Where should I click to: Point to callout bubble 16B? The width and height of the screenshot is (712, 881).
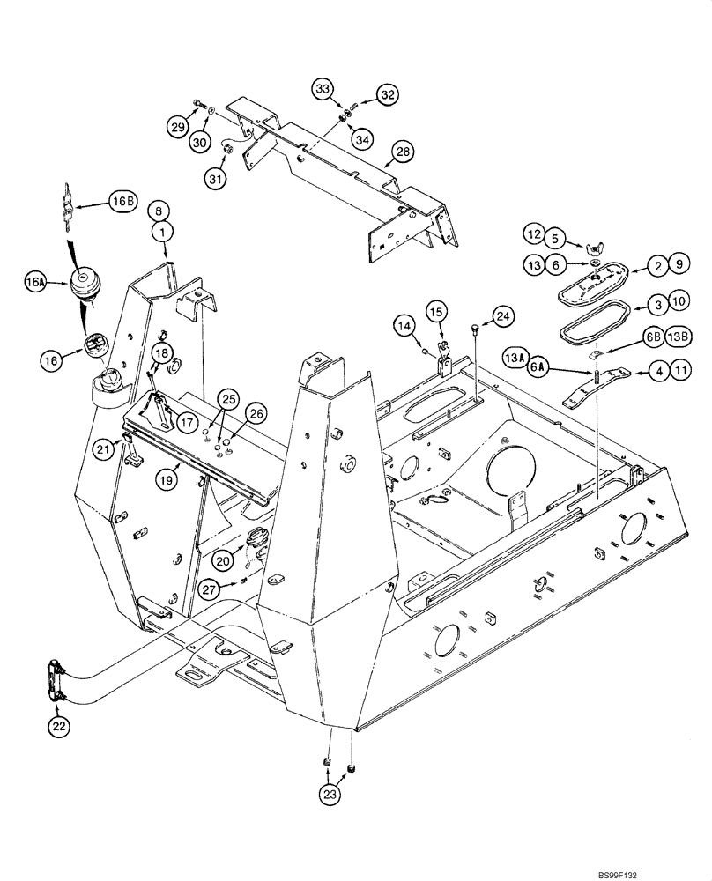pyautogui.click(x=121, y=202)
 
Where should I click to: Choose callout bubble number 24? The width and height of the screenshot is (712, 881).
pyautogui.click(x=501, y=315)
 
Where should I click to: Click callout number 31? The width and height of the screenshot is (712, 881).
pyautogui.click(x=216, y=177)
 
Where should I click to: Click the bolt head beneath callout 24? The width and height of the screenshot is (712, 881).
pyautogui.click(x=476, y=329)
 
